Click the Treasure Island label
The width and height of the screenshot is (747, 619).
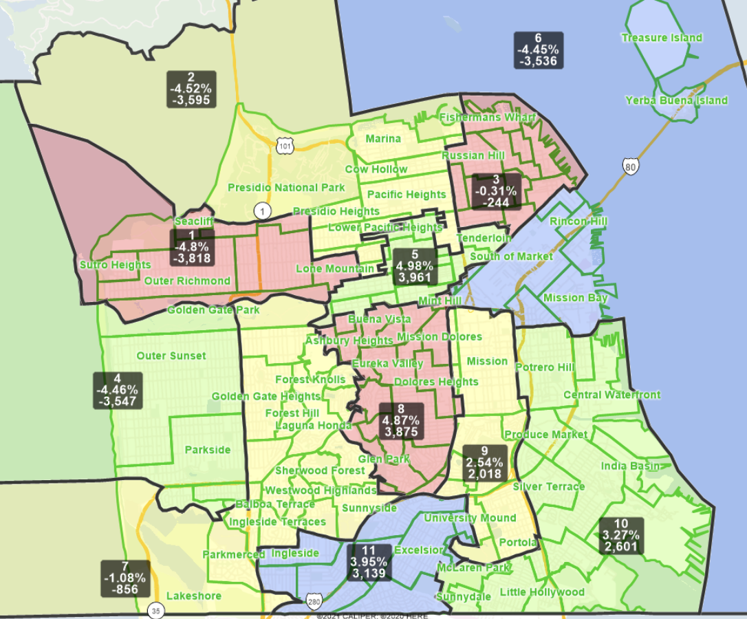[x=662, y=38]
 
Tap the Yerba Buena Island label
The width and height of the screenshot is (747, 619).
[x=676, y=100]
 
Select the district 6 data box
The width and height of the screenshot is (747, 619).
[x=539, y=50]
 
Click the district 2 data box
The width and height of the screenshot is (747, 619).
[x=191, y=89]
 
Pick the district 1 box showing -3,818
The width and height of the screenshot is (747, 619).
[x=192, y=247]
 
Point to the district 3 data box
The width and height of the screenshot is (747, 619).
[x=495, y=191]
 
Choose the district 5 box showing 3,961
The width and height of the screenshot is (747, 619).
[x=414, y=266]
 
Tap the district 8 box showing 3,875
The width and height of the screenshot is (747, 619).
[x=401, y=420]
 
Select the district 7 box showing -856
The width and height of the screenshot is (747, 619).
[x=125, y=578]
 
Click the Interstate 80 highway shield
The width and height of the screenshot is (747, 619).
[x=630, y=166]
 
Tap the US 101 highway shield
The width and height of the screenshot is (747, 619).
[x=285, y=145]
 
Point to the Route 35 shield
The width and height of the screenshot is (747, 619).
[x=156, y=610]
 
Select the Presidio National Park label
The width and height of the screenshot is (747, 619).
[x=286, y=188]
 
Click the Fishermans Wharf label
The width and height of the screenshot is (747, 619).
[x=487, y=118]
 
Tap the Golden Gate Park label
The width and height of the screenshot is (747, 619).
[x=213, y=310]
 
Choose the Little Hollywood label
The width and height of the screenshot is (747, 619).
[x=542, y=592]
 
